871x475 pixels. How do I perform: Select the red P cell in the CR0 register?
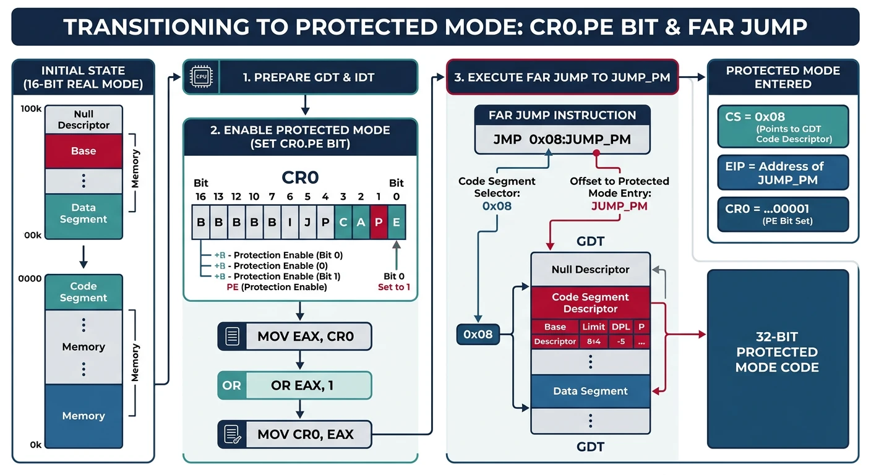tap(379, 222)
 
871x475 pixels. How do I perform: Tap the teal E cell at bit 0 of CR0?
tap(397, 222)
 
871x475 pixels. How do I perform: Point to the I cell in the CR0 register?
tap(290, 222)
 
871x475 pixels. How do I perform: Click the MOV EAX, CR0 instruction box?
tap(294, 337)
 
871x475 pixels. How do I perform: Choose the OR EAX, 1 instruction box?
tap(294, 385)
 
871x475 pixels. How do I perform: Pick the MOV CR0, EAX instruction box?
tap(294, 434)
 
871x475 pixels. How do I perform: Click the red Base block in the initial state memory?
tap(84, 152)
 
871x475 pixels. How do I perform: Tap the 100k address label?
tap(31, 109)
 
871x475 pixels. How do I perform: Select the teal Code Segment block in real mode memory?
tap(84, 292)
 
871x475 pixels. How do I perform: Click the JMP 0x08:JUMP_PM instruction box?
tap(562, 140)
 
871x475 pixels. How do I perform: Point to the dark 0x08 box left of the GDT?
tap(478, 335)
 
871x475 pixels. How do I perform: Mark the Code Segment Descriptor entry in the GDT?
tap(590, 303)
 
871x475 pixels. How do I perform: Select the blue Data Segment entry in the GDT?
tap(590, 391)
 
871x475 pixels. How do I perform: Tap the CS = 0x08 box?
tap(783, 126)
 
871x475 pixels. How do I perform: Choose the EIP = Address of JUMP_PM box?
tap(783, 173)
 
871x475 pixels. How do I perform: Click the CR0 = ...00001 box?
tap(783, 214)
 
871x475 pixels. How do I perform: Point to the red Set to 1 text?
tap(394, 287)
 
